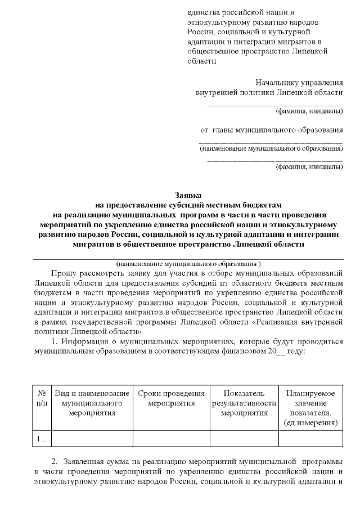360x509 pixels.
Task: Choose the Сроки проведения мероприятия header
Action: tap(171, 398)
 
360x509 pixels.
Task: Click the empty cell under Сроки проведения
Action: tap(171, 438)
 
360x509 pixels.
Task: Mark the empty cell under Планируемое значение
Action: tap(311, 438)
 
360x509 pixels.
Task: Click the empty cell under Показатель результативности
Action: tap(244, 438)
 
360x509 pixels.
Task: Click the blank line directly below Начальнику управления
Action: tap(275, 103)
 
